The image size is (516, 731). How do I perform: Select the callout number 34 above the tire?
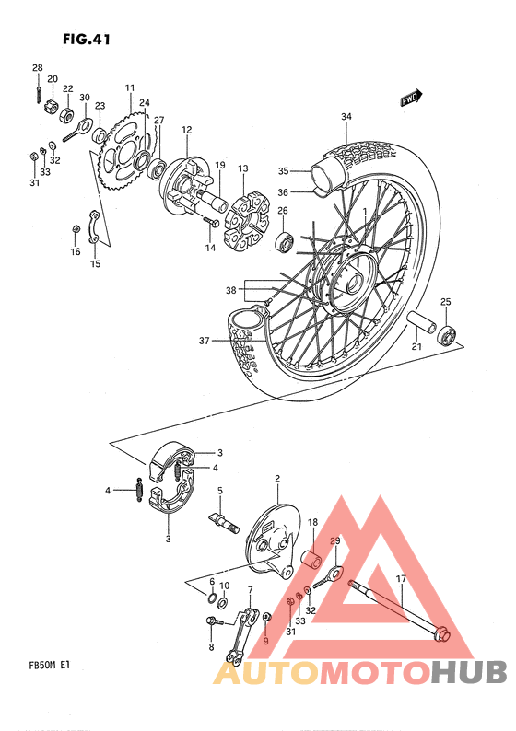pyautogui.click(x=346, y=117)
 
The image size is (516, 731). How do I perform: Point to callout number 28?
pyautogui.click(x=38, y=68)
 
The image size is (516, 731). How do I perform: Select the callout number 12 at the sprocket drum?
pyautogui.click(x=186, y=130)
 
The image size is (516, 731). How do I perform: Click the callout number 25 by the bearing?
pyautogui.click(x=445, y=302)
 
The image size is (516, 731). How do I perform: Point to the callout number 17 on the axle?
pyautogui.click(x=401, y=578)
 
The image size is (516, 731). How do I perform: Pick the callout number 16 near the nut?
pyautogui.click(x=76, y=250)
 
